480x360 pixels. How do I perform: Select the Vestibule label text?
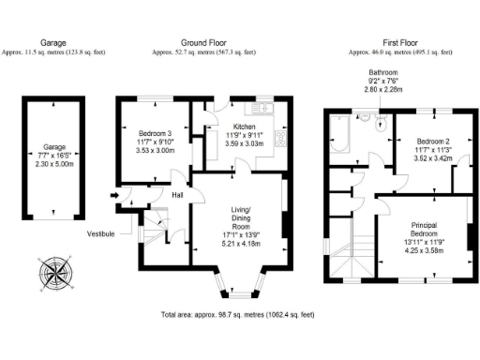[101, 232]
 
